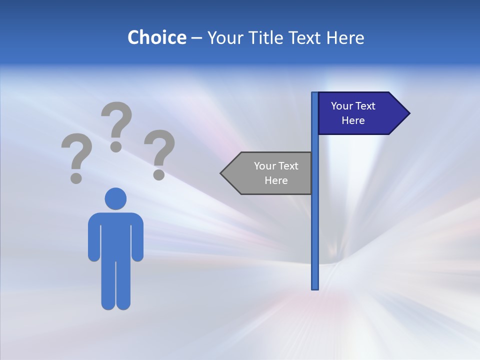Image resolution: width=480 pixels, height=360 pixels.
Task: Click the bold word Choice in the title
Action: click(x=156, y=37)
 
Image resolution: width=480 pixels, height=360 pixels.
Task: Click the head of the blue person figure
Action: click(x=115, y=199)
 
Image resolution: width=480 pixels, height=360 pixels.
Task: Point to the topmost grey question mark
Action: click(x=116, y=125)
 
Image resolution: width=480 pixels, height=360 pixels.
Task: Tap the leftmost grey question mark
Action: click(x=76, y=157)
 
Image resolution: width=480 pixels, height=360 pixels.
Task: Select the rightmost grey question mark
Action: click(x=159, y=153)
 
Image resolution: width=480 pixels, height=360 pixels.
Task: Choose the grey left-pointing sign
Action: click(x=270, y=173)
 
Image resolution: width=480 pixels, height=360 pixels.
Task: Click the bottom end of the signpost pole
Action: click(x=315, y=287)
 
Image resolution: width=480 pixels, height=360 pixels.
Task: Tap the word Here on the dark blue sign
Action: click(x=353, y=120)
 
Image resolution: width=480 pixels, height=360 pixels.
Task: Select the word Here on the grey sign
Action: click(x=276, y=180)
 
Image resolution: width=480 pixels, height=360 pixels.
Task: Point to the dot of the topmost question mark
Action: click(x=116, y=146)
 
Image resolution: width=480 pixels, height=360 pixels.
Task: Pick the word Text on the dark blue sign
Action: click(x=365, y=106)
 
